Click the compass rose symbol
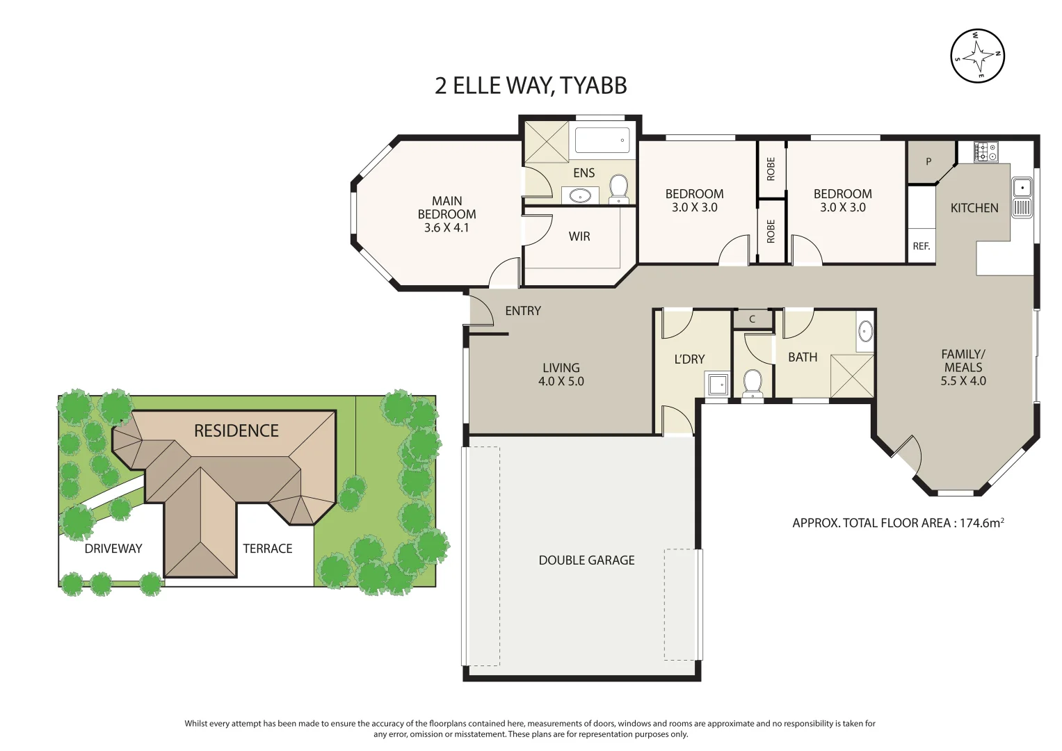pyautogui.click(x=977, y=56)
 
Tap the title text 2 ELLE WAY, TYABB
pyautogui.click(x=531, y=86)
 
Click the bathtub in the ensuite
pyautogui.click(x=602, y=140)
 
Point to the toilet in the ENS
pyautogui.click(x=618, y=188)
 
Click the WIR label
pyautogui.click(x=579, y=236)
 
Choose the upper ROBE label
pyautogui.click(x=771, y=169)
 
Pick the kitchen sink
pyautogui.click(x=1022, y=188)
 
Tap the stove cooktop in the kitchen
pyautogui.click(x=985, y=152)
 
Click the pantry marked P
pyautogui.click(x=928, y=161)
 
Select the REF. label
pyautogui.click(x=921, y=246)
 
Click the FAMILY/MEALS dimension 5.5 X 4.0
pyautogui.click(x=963, y=381)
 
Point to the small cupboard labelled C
pyautogui.click(x=752, y=319)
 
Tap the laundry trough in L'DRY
pyautogui.click(x=717, y=385)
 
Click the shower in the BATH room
pyautogui.click(x=852, y=376)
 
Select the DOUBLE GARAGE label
pyautogui.click(x=586, y=560)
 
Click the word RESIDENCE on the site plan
pyautogui.click(x=236, y=431)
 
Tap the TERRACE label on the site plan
pyautogui.click(x=267, y=549)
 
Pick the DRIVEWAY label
pyautogui.click(x=113, y=549)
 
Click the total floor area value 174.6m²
pyautogui.click(x=981, y=523)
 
